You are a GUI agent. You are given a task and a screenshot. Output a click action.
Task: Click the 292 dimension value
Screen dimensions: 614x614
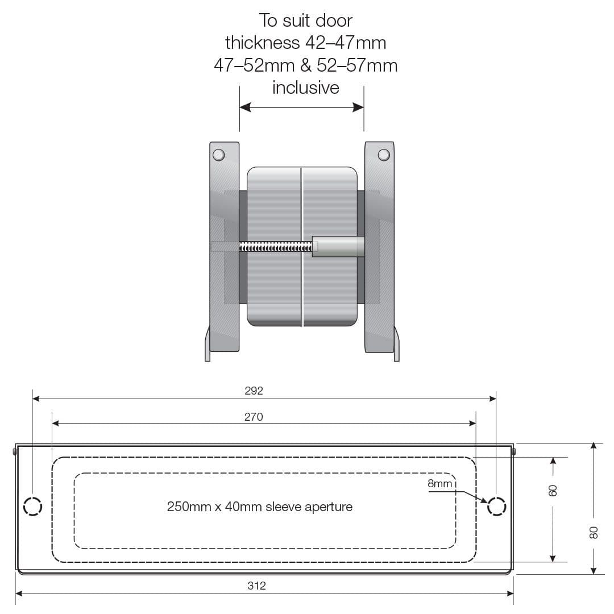pyautogui.click(x=254, y=391)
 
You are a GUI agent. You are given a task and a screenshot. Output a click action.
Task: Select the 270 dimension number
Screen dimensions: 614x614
pyautogui.click(x=254, y=417)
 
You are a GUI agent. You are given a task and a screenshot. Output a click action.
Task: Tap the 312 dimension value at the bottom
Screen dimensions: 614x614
pyautogui.click(x=256, y=586)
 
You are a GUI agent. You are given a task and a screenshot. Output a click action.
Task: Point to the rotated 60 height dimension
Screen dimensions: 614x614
pyautogui.click(x=553, y=489)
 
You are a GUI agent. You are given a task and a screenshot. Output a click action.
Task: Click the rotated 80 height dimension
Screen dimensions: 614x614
pyautogui.click(x=594, y=532)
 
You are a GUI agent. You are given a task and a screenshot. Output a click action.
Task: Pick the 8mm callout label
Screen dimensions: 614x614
pyautogui.click(x=440, y=484)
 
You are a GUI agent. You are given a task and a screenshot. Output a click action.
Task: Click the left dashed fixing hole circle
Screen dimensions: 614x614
pyautogui.click(x=32, y=506)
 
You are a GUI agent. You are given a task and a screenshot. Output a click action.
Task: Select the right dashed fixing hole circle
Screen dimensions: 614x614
pyautogui.click(x=496, y=506)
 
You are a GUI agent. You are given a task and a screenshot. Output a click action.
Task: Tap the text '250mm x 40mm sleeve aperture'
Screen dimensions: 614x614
pyautogui.click(x=259, y=507)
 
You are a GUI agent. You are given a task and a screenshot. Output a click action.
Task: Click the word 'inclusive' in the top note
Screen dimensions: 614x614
pyautogui.click(x=305, y=88)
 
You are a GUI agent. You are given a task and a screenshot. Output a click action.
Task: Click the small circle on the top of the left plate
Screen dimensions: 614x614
pyautogui.click(x=218, y=155)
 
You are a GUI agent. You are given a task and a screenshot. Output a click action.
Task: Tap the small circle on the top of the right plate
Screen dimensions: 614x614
pyautogui.click(x=384, y=155)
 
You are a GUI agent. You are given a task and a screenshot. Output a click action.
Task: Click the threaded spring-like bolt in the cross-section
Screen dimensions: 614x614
pyautogui.click(x=276, y=247)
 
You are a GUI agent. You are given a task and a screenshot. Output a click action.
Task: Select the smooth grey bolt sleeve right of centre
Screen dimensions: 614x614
pyautogui.click(x=338, y=247)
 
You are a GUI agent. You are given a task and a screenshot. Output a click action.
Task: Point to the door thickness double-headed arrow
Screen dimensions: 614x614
pyautogui.click(x=301, y=107)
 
